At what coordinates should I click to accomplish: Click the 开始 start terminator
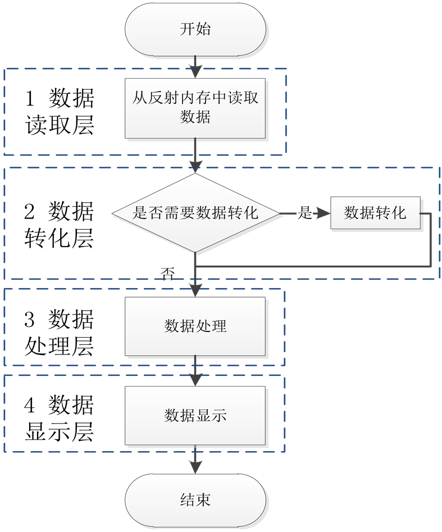coord(195,29)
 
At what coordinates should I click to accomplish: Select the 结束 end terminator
coord(195,499)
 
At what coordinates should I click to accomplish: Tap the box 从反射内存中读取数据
coord(195,108)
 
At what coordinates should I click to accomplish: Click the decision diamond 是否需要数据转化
coord(195,213)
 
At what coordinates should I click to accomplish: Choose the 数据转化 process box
coord(375,213)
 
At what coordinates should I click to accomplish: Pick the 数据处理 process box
coord(195,326)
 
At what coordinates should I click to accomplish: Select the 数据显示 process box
coord(195,415)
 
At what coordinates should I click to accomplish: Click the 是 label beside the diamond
coord(304,213)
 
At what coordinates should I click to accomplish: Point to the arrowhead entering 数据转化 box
coord(324,213)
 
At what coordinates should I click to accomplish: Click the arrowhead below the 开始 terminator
coord(195,72)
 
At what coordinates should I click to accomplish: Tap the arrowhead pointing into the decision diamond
coord(195,166)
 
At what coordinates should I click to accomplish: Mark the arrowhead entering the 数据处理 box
coord(195,290)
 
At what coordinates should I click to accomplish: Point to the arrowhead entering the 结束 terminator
coord(195,467)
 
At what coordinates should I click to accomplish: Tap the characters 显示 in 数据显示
coord(211,415)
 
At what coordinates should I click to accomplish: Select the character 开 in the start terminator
coord(188,29)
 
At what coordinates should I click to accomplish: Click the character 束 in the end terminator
coord(203,499)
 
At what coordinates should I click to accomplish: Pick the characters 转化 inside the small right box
coord(391,213)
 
